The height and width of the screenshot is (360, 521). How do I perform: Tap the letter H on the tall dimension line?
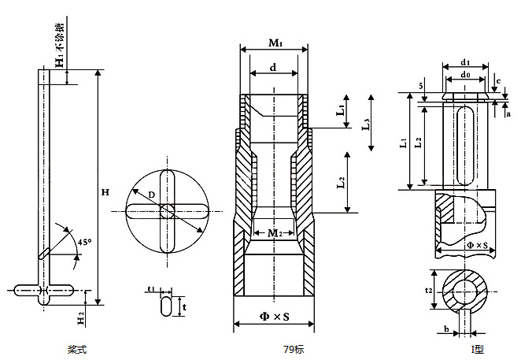click(x=105, y=192)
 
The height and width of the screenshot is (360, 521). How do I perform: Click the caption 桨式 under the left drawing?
click(x=76, y=348)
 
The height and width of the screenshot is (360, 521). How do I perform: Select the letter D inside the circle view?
click(x=151, y=193)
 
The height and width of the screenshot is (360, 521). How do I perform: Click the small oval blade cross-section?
click(x=167, y=305)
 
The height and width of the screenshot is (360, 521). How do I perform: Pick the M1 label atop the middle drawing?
click(x=274, y=40)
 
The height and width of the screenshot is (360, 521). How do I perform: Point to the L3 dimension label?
click(x=366, y=124)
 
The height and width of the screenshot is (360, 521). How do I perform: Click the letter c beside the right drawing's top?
click(x=498, y=81)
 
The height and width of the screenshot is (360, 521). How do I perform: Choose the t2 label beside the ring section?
click(x=429, y=291)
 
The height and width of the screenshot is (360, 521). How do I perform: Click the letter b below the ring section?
click(x=446, y=328)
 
